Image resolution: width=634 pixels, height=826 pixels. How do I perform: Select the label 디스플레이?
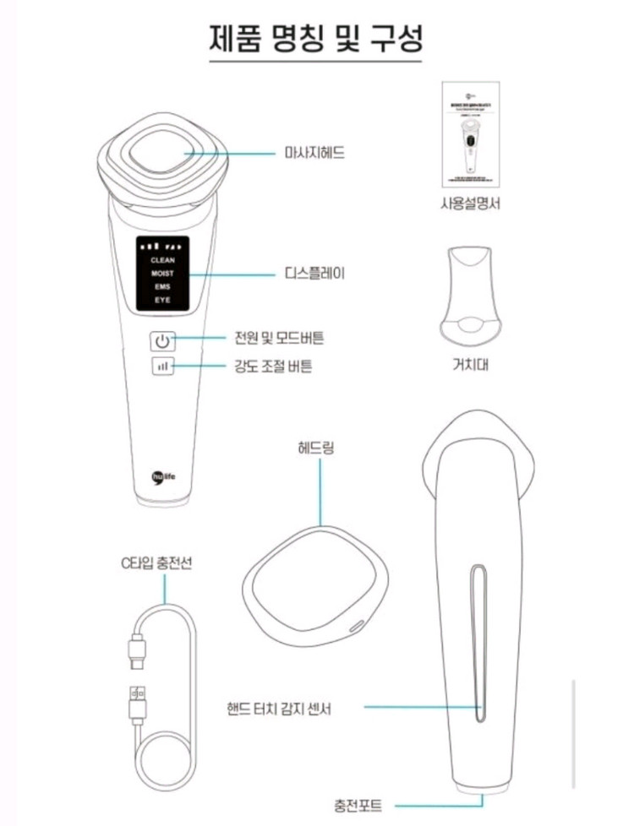314,274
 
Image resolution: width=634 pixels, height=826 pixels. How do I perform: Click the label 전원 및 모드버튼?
279,338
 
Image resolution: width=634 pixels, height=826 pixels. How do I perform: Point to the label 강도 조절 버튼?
272,367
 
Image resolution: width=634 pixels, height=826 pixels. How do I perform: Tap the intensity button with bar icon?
163,367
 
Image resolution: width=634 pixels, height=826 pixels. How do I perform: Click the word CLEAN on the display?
162,260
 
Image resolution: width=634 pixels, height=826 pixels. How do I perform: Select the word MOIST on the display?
162,274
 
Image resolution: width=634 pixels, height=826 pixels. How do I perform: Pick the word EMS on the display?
162,287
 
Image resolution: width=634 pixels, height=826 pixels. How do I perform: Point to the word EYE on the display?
162,301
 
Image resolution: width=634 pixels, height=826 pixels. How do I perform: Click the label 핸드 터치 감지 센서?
279,708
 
